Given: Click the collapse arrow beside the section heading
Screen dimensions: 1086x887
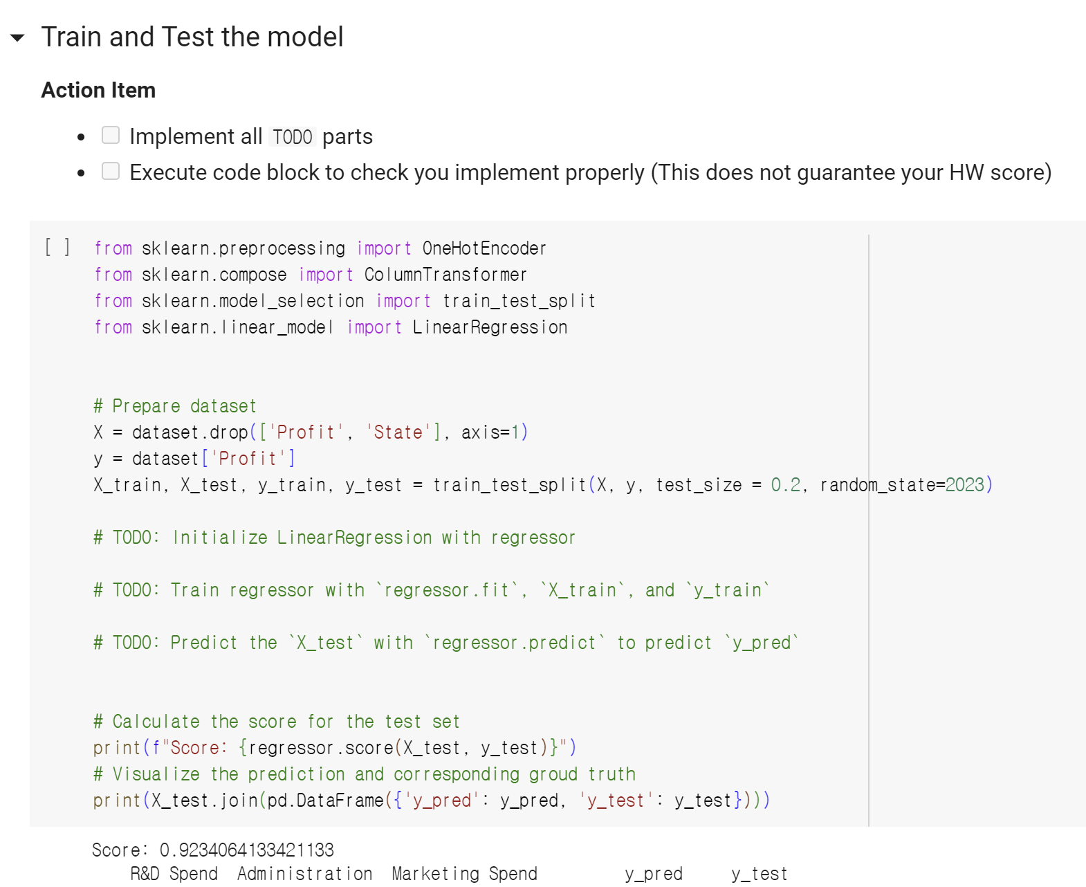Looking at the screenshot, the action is [x=18, y=38].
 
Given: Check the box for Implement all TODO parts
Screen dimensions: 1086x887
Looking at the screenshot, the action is [x=111, y=135].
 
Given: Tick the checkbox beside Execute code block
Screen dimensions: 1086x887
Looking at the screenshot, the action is [x=111, y=171].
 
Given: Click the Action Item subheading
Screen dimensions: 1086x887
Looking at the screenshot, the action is [x=98, y=90].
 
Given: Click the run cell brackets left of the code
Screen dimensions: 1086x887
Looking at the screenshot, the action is [x=57, y=247].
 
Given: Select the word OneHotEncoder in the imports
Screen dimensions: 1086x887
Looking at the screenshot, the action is [x=484, y=248].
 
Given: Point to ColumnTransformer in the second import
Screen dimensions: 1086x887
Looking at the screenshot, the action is [x=445, y=275].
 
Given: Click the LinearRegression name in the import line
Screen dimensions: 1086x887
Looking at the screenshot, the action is [x=490, y=327].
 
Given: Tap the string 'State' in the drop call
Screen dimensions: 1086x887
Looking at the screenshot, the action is [x=398, y=432].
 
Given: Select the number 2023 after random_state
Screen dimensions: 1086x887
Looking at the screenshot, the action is [x=964, y=485].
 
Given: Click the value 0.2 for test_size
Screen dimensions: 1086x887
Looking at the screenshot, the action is [x=786, y=485].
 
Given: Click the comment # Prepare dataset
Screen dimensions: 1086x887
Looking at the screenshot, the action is [x=175, y=406].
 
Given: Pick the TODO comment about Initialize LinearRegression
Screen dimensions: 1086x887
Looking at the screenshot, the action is [x=334, y=538].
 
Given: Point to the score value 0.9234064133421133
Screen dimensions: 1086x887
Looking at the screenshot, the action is [x=247, y=850].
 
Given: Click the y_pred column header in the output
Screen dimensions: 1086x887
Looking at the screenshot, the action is [x=654, y=874].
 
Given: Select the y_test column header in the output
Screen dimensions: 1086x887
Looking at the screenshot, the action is [x=760, y=874].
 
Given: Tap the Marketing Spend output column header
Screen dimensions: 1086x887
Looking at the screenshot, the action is [x=464, y=874].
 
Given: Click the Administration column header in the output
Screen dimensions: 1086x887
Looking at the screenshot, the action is [x=305, y=874].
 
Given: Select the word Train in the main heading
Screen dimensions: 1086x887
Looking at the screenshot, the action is [x=72, y=37].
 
